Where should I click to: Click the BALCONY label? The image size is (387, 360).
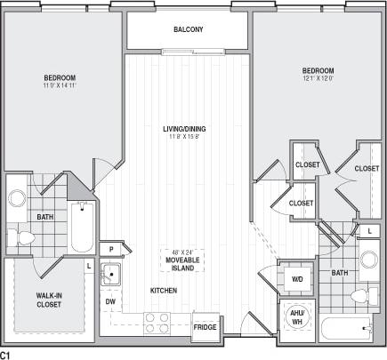click(x=188, y=29)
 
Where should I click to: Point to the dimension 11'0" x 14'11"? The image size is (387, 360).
click(x=61, y=87)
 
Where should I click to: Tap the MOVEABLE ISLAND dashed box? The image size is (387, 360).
click(x=183, y=260)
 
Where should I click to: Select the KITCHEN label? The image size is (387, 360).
click(x=164, y=291)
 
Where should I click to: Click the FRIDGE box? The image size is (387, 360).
click(x=206, y=326)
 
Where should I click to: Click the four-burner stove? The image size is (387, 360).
click(x=157, y=322)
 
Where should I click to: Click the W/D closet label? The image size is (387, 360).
click(x=296, y=278)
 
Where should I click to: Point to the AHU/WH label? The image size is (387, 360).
click(x=296, y=316)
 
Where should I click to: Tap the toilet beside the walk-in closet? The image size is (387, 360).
click(x=24, y=237)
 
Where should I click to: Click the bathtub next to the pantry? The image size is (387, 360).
click(x=80, y=227)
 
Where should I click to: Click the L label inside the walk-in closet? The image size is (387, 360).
click(x=88, y=265)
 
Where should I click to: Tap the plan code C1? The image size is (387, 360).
click(x=6, y=354)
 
